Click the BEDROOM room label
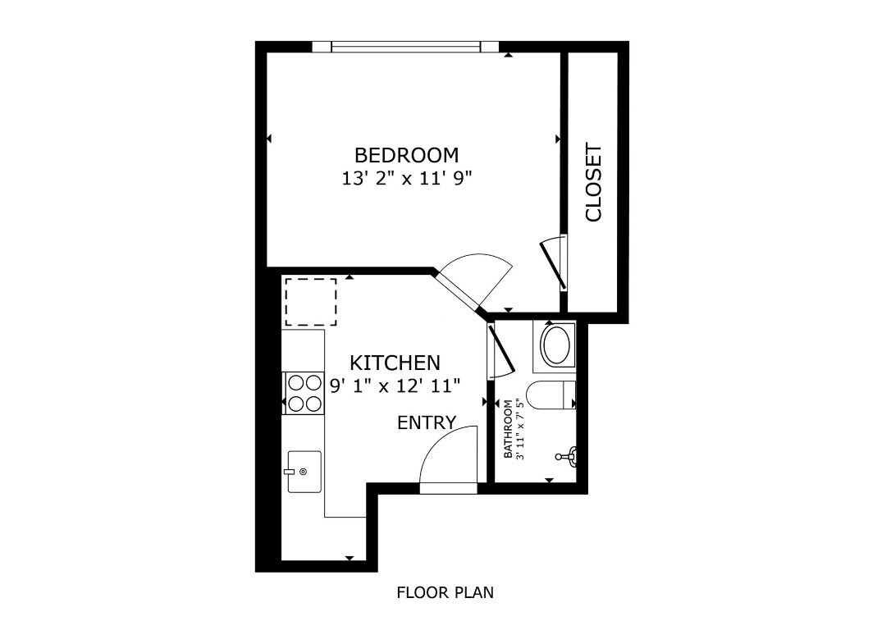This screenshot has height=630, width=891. coord(406,154)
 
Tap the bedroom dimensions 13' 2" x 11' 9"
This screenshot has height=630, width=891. coord(406,178)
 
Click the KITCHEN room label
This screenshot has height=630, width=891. coord(395,363)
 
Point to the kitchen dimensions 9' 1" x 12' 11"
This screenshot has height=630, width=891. coord(395,385)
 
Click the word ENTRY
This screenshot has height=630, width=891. coord(426,422)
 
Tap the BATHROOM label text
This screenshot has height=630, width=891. coord(508,429)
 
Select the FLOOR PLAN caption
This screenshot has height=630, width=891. coord(445,592)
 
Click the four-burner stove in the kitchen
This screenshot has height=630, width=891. coord(304,392)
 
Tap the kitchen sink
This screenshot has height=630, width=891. coord(304,472)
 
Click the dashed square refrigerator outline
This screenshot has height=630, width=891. coord(310,302)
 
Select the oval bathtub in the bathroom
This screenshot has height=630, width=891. coord(556,345)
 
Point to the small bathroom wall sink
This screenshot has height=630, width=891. coord(569,456)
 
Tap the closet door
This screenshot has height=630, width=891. coord(553,262)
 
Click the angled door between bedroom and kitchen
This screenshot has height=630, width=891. coord(472,283)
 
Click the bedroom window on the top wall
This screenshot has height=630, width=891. coord(405,47)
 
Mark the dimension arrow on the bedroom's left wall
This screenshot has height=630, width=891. coord(268,139)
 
